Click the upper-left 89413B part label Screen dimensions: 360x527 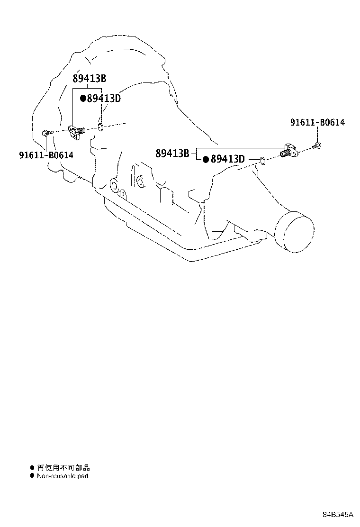pyautogui.click(x=90, y=78)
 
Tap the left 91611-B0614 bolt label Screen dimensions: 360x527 pyautogui.click(x=46, y=155)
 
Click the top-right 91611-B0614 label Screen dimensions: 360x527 pyautogui.click(x=317, y=122)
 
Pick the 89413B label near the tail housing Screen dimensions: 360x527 pyautogui.click(x=172, y=153)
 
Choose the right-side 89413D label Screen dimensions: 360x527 pyautogui.click(x=228, y=159)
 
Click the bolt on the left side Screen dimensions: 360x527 pyautogui.click(x=47, y=133)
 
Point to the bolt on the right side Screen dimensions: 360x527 pyautogui.click(x=317, y=146)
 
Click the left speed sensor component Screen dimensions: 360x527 pyautogui.click(x=76, y=132)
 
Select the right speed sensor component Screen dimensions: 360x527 pyautogui.click(x=288, y=151)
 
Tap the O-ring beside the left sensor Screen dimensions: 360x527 pyautogui.click(x=100, y=127)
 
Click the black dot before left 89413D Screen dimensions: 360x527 pyautogui.click(x=83, y=99)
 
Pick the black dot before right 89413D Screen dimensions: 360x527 pyautogui.click(x=206, y=159)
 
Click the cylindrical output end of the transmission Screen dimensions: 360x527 pyautogui.click(x=295, y=231)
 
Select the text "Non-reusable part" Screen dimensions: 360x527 pyautogui.click(x=63, y=476)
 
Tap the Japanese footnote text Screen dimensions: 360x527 pyautogui.click(x=63, y=467)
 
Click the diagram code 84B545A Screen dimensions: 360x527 pyautogui.click(x=338, y=514)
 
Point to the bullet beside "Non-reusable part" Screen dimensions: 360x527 pyautogui.click(x=32, y=475)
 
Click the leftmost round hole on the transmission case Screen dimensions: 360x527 pyautogui.click(x=114, y=185)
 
